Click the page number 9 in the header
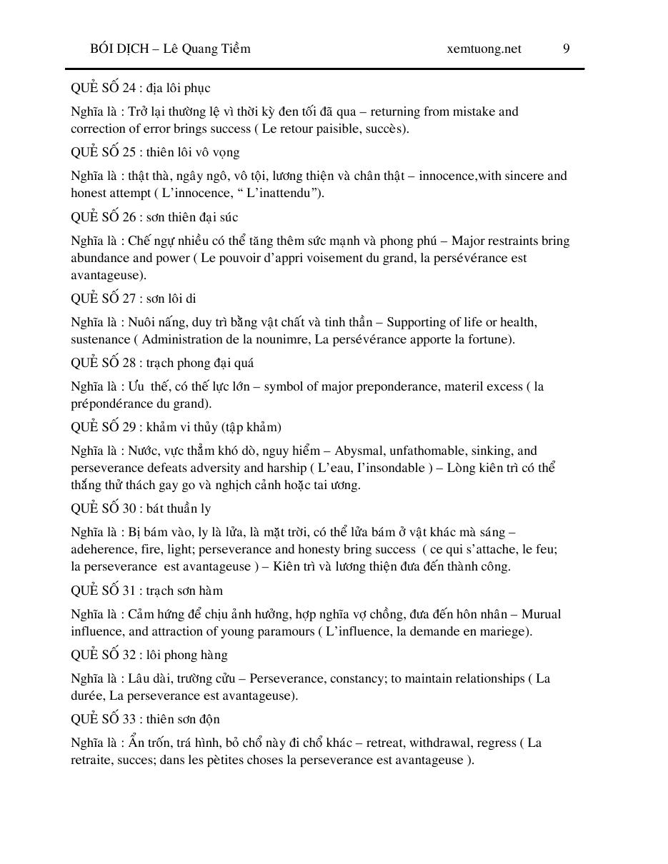tap(566, 49)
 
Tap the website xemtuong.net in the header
tap(484, 49)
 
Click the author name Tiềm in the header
tap(235, 49)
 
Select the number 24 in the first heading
tap(129, 88)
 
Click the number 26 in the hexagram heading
tap(129, 217)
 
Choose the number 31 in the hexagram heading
tap(129, 591)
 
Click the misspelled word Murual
tap(541, 614)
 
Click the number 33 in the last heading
tap(129, 719)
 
